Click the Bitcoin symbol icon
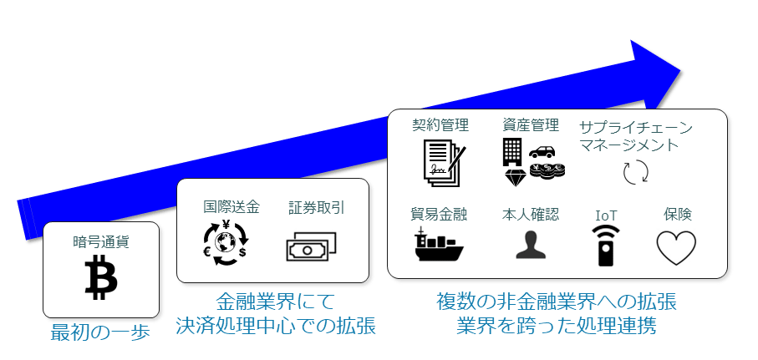100,277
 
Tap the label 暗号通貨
100,242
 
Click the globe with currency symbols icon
226,244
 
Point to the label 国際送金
231,206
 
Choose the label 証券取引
316,206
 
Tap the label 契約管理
440,125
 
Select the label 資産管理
531,125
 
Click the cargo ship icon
440,245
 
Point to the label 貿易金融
440,215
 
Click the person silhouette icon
531,245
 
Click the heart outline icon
675,247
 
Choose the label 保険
677,215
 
